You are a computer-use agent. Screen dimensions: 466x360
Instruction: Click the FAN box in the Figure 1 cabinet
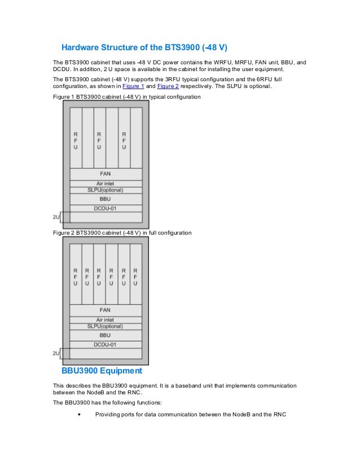pos(106,174)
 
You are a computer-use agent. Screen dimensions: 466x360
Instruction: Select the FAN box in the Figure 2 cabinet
pos(106,310)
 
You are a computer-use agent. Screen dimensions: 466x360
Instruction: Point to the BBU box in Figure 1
pos(106,199)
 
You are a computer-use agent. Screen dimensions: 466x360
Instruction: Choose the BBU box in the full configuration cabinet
pos(106,335)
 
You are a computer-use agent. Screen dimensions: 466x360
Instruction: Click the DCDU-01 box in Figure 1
pos(106,208)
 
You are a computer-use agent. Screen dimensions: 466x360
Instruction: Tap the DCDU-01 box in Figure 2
pos(106,344)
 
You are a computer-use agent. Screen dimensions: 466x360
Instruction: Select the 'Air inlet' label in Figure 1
pos(106,183)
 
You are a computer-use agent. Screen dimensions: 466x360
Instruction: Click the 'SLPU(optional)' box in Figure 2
pos(106,326)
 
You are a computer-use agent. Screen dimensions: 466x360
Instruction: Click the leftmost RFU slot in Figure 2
pos(75,276)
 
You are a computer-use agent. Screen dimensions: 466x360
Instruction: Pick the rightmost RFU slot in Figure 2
pos(135,276)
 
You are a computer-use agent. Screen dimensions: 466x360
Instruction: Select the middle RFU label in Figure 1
pos(99,140)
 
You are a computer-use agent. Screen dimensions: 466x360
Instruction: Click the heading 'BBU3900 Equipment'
pos(102,372)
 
